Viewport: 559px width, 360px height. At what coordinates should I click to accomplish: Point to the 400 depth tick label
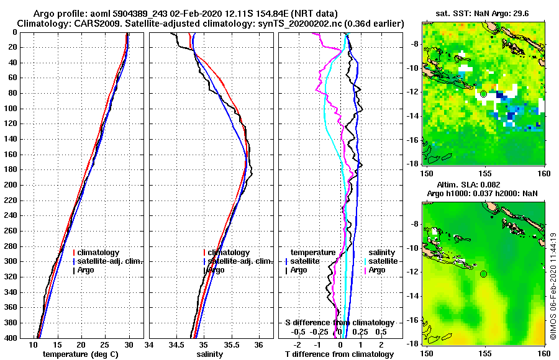point(12,338)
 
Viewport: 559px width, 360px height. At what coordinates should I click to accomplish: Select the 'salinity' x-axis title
point(210,354)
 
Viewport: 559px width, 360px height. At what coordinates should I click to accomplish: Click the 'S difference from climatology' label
point(339,322)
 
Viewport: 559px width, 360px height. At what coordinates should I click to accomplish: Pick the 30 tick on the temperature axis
point(129,345)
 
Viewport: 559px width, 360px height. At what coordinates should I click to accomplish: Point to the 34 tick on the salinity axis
point(150,345)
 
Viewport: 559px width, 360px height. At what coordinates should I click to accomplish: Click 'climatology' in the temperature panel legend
point(98,253)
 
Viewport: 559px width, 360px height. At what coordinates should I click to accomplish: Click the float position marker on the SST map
point(483,94)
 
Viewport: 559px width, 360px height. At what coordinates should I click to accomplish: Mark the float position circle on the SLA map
point(483,274)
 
